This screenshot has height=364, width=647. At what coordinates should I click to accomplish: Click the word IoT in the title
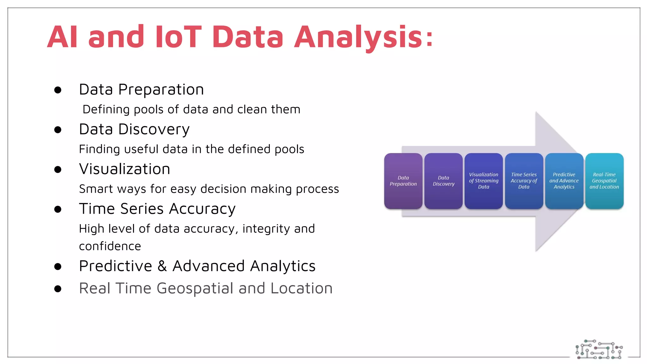(x=178, y=37)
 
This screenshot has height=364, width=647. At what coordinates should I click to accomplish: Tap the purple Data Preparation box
(x=403, y=181)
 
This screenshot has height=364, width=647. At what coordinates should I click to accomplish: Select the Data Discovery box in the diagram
(x=443, y=181)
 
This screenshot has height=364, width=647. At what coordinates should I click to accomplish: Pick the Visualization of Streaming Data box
(x=483, y=181)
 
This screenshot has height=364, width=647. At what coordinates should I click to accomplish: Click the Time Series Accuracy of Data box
(x=524, y=181)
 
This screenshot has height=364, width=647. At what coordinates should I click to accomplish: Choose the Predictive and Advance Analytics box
(x=564, y=181)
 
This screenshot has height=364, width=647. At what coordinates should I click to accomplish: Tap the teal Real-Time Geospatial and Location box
(x=604, y=181)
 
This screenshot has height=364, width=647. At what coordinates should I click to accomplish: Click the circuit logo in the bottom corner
(x=599, y=349)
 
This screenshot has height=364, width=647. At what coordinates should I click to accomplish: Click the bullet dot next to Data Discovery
(x=57, y=130)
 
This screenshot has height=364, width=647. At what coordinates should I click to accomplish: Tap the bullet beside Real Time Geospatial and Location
(x=57, y=288)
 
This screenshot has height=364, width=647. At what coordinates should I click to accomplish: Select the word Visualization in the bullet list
(x=124, y=169)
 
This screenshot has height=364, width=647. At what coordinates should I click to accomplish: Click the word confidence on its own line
(x=110, y=246)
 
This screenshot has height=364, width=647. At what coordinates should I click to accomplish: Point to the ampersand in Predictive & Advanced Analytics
(x=162, y=266)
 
